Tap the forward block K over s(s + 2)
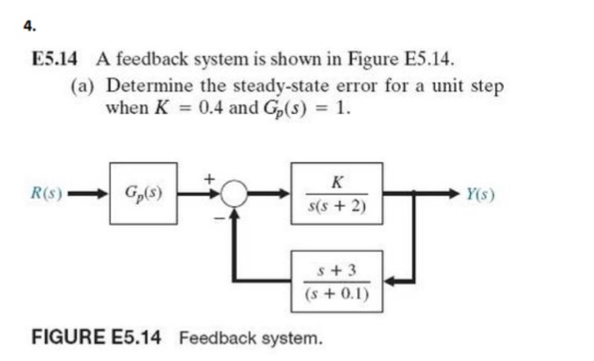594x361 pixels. [338, 194]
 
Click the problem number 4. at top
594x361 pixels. [29, 26]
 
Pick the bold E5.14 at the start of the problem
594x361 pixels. [54, 60]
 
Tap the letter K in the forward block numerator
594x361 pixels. [338, 181]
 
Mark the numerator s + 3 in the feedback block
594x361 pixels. [338, 271]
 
